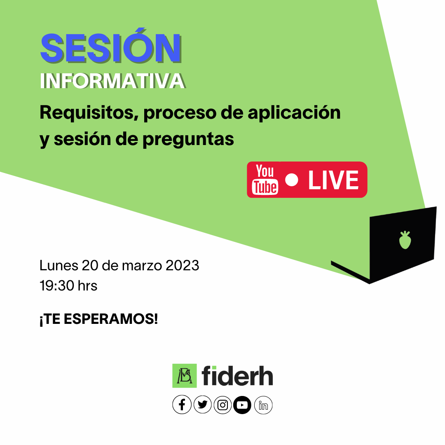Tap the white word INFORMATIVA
(112, 81)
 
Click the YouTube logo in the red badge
(265, 179)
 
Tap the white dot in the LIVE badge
(291, 180)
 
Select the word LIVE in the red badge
(333, 180)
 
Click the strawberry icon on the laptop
(405, 240)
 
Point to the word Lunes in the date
(59, 266)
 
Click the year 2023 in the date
(183, 266)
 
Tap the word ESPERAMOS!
(111, 319)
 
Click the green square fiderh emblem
(185, 376)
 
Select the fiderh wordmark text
(237, 376)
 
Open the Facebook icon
(182, 405)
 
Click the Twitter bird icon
(202, 405)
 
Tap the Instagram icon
(222, 405)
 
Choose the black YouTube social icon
(242, 405)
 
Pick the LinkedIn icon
(263, 405)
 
